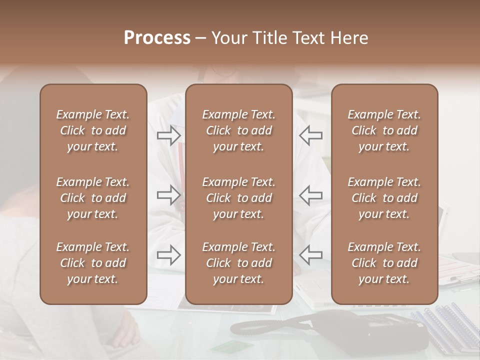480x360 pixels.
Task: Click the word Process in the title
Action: (157, 38)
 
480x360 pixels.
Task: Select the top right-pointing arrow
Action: (168, 135)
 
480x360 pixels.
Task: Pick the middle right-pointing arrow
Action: (168, 195)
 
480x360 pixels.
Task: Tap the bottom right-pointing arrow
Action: (168, 255)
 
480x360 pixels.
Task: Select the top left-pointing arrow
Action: (311, 135)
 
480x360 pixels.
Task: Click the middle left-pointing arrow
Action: (311, 195)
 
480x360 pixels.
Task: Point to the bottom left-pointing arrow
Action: (311, 255)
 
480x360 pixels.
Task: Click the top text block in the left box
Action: (93, 130)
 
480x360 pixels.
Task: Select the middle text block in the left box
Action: (93, 198)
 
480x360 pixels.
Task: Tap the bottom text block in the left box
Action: (93, 263)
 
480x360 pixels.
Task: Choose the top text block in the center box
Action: (239, 130)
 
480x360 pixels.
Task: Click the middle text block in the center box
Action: (239, 198)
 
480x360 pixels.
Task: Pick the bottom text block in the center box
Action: (239, 263)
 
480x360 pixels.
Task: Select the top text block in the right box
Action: (384, 130)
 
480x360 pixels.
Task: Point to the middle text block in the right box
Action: (384, 198)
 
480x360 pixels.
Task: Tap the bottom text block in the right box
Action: (384, 263)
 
